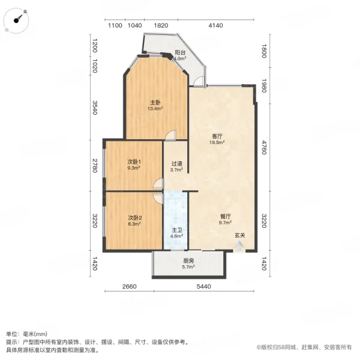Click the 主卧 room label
[x=155, y=103]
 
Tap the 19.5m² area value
[x=217, y=142]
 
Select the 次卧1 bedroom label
[x=134, y=162]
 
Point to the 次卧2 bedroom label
[x=134, y=217]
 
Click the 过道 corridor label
[x=177, y=164]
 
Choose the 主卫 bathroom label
[x=176, y=230]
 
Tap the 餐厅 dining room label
[x=225, y=216]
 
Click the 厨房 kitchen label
[x=188, y=261]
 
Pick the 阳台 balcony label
[x=180, y=53]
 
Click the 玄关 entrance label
[x=239, y=235]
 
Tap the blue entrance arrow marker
[x=239, y=246]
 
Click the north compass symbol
[x=17, y=20]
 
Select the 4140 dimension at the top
[x=215, y=25]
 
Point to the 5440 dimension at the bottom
[x=203, y=287]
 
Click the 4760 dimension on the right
[x=264, y=148]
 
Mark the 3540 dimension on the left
[x=95, y=107]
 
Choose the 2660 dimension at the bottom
[x=129, y=287]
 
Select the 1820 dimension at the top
[x=161, y=25]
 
